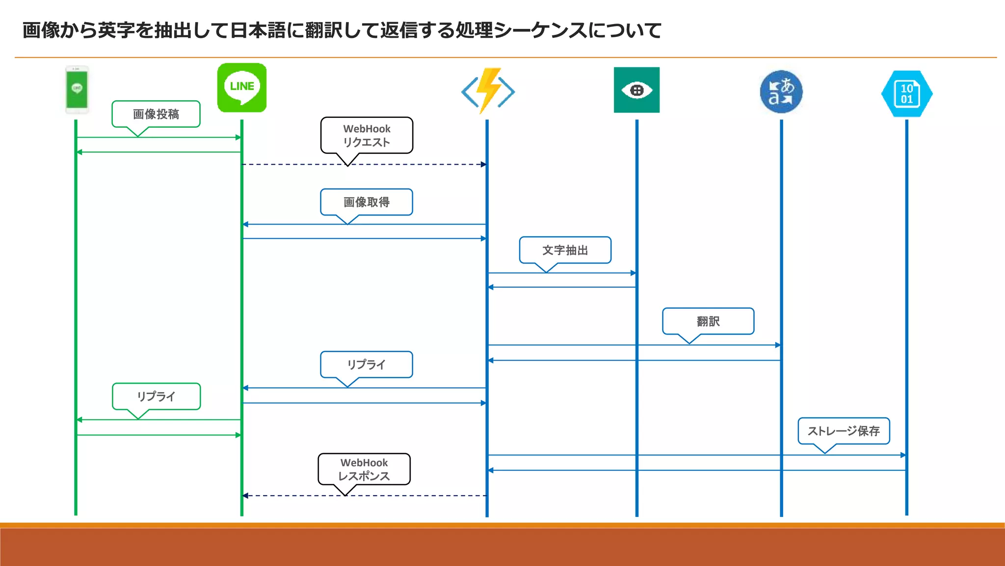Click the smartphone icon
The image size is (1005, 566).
tap(77, 89)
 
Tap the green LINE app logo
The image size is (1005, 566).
tap(242, 87)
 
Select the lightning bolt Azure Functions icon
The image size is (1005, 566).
tap(488, 90)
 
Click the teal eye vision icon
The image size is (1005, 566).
tap(636, 90)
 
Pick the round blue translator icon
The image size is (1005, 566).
tap(781, 92)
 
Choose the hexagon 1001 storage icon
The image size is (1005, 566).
tap(906, 93)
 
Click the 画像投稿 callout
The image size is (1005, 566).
tap(156, 114)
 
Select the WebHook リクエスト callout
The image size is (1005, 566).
tap(367, 136)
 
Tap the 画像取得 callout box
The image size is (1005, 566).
tap(367, 202)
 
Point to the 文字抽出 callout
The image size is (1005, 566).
tap(565, 250)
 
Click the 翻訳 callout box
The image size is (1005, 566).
tap(708, 321)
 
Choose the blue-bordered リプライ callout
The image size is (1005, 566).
tap(367, 365)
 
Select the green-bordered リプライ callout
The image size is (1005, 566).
tap(156, 396)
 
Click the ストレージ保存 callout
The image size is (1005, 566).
tap(844, 431)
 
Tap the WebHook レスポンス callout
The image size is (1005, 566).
tap(364, 469)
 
